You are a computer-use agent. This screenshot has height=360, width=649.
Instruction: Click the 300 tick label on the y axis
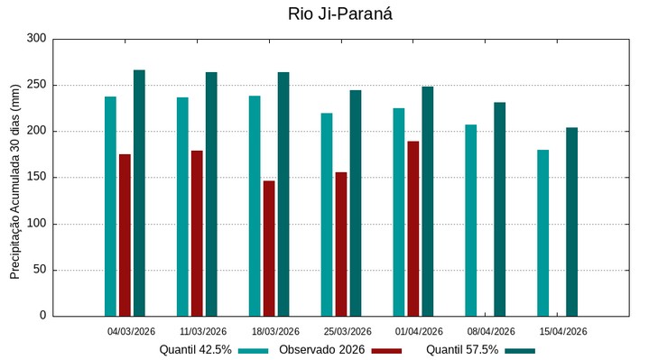pyautogui.click(x=36, y=39)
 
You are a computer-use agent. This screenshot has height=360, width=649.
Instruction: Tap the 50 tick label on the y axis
pyautogui.click(x=39, y=270)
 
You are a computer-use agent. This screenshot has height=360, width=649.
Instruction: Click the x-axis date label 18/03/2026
pyautogui.click(x=275, y=331)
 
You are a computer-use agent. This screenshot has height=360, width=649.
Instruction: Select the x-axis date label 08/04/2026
pyautogui.click(x=491, y=331)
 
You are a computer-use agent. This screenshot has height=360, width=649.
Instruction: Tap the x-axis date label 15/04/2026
pyautogui.click(x=563, y=331)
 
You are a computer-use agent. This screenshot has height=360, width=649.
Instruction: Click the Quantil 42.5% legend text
pyautogui.click(x=196, y=350)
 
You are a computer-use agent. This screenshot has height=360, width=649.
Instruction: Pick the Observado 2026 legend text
pyautogui.click(x=321, y=350)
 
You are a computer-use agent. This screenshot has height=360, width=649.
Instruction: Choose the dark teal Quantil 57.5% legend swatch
pyautogui.click(x=520, y=350)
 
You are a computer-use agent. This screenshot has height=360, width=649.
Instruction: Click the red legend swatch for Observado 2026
pyautogui.click(x=386, y=350)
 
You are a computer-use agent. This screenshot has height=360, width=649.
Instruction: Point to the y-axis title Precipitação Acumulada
pyautogui.click(x=15, y=177)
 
